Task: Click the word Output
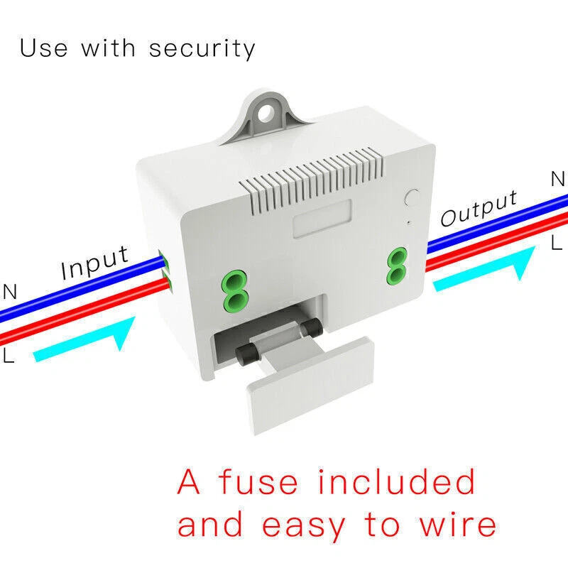point(479,208)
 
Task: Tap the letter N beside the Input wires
point(10,291)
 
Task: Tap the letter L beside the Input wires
point(8,355)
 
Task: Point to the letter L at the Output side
point(556,244)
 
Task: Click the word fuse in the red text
point(258,482)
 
